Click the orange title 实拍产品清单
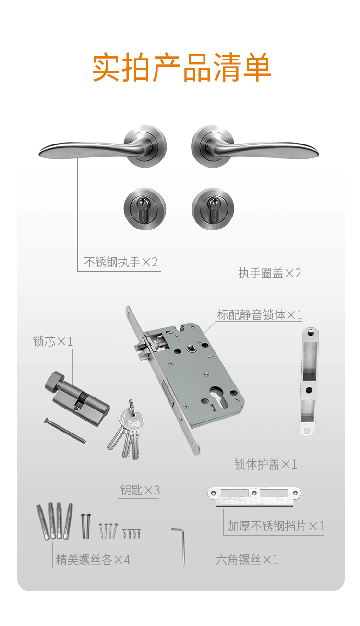(x=181, y=67)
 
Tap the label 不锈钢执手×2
(x=121, y=262)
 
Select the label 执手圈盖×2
(x=270, y=273)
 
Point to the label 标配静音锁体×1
(x=260, y=315)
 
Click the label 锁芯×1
(x=53, y=341)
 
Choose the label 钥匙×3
(x=140, y=490)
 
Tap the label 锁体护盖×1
(x=265, y=464)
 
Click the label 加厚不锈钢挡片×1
(x=276, y=526)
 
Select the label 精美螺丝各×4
(x=93, y=560)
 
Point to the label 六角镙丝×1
(x=247, y=560)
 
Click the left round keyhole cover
(x=145, y=209)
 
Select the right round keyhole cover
(x=213, y=209)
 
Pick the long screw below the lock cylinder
(x=65, y=430)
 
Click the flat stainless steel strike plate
(x=254, y=496)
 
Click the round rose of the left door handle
(x=145, y=146)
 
